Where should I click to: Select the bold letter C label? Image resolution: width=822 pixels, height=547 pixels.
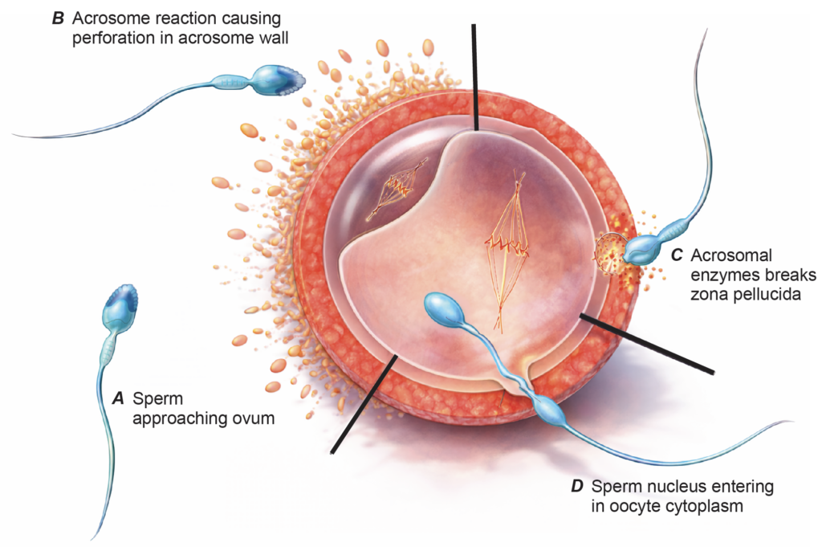click(x=677, y=255)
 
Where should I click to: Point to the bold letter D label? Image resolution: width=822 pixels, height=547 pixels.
click(x=577, y=487)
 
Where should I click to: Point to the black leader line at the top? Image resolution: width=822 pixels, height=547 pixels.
click(x=474, y=76)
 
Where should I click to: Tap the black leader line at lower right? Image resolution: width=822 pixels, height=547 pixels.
click(x=646, y=343)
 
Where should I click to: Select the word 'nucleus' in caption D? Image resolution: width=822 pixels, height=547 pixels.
click(x=664, y=487)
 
